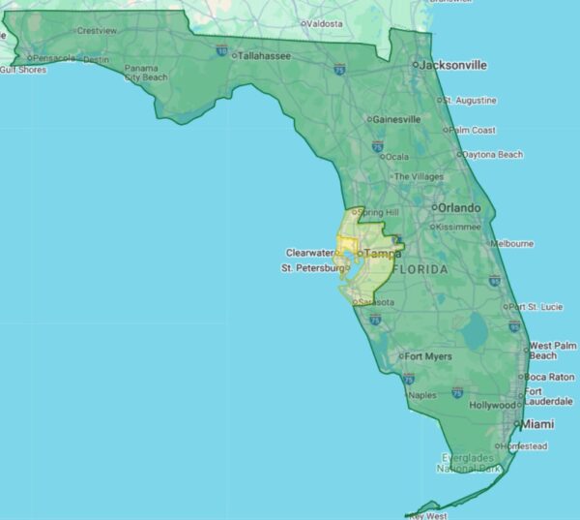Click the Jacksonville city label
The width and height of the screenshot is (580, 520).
pyautogui.click(x=454, y=65)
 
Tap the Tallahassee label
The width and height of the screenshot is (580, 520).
pyautogui.click(x=264, y=56)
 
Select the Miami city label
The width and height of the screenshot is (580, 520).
pyautogui.click(x=538, y=424)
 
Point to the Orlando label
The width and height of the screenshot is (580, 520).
pyautogui.click(x=458, y=208)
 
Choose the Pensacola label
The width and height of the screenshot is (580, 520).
pyautogui.click(x=53, y=58)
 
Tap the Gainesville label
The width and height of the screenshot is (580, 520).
pyautogui.click(x=396, y=119)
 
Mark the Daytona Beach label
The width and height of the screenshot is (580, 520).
pyautogui.click(x=492, y=155)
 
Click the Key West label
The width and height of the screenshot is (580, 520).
pyautogui.click(x=429, y=516)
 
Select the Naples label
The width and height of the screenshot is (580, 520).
pyautogui.click(x=422, y=395)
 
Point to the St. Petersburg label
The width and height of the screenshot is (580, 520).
pyautogui.click(x=312, y=267)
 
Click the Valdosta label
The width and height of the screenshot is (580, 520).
pyautogui.click(x=324, y=23)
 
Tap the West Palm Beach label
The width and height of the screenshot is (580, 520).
pyautogui.click(x=553, y=351)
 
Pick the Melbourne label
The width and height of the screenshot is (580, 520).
pyautogui.click(x=512, y=244)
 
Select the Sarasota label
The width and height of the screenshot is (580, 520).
pyautogui.click(x=376, y=302)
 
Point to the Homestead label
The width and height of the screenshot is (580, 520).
pyautogui.click(x=527, y=446)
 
